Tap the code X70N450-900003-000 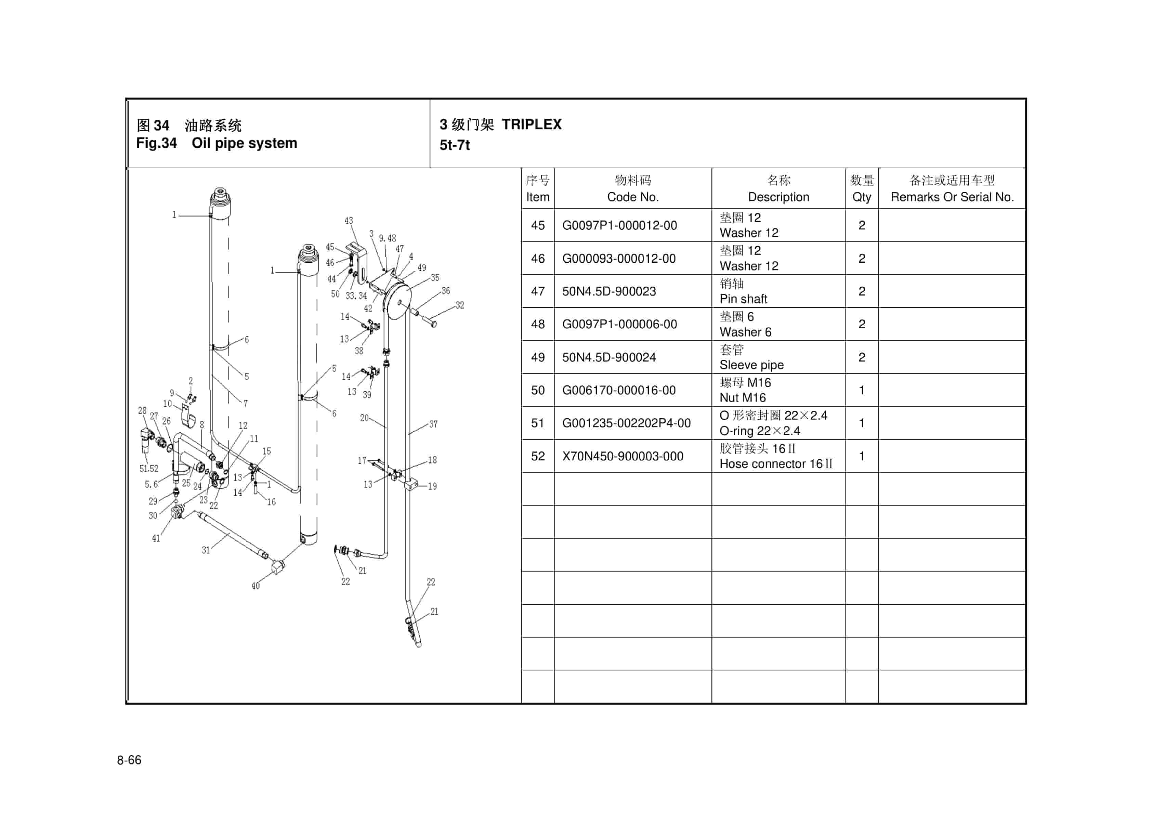(622, 456)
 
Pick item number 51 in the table (537, 423)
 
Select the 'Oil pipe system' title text (244, 143)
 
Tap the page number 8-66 (129, 760)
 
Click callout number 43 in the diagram (349, 221)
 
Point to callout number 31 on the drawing (206, 550)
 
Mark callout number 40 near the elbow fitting (256, 586)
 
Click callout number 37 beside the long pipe (433, 424)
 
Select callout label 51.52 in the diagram (148, 468)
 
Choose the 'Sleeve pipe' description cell (751, 365)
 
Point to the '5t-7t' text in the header (455, 145)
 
